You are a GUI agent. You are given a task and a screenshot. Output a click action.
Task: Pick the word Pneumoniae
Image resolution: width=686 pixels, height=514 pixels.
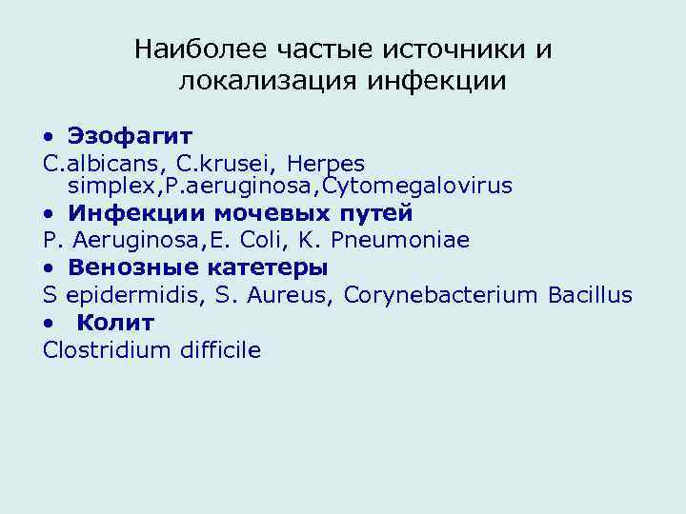coord(400,240)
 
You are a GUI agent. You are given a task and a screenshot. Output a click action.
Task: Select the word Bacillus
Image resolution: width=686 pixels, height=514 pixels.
coord(590,295)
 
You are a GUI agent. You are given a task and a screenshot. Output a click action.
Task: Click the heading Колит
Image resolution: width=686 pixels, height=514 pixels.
coord(115,323)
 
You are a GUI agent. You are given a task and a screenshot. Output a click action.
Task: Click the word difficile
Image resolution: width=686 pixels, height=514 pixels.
coord(219,350)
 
